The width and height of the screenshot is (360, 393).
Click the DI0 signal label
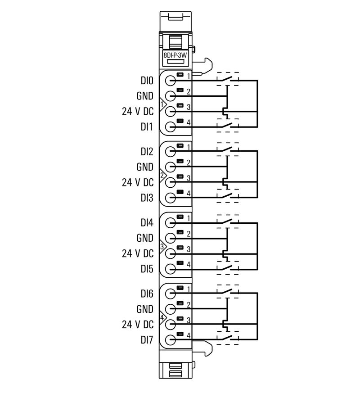click(x=147, y=81)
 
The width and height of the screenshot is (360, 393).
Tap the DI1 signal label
click(x=147, y=127)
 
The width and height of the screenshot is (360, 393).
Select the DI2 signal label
click(x=147, y=152)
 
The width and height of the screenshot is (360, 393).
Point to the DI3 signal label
click(x=147, y=198)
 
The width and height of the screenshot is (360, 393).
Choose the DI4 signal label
click(x=147, y=222)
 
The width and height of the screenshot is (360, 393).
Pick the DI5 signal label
click(x=147, y=269)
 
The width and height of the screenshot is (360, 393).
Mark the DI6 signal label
click(x=147, y=294)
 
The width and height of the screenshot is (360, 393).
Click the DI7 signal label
click(x=147, y=340)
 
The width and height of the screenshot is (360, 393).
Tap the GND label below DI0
click(x=144, y=96)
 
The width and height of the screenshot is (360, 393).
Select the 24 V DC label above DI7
click(x=138, y=324)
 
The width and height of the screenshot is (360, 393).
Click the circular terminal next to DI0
click(x=170, y=81)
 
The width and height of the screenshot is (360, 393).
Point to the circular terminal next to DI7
click(x=170, y=340)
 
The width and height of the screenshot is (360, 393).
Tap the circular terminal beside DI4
click(x=170, y=222)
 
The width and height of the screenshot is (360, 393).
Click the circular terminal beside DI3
click(x=170, y=198)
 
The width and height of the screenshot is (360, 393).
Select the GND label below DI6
click(x=144, y=309)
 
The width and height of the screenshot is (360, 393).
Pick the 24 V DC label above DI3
click(x=138, y=182)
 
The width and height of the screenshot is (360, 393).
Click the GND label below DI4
click(x=144, y=238)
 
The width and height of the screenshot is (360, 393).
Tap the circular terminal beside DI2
click(x=170, y=152)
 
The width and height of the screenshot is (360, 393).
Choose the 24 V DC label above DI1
click(x=138, y=112)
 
